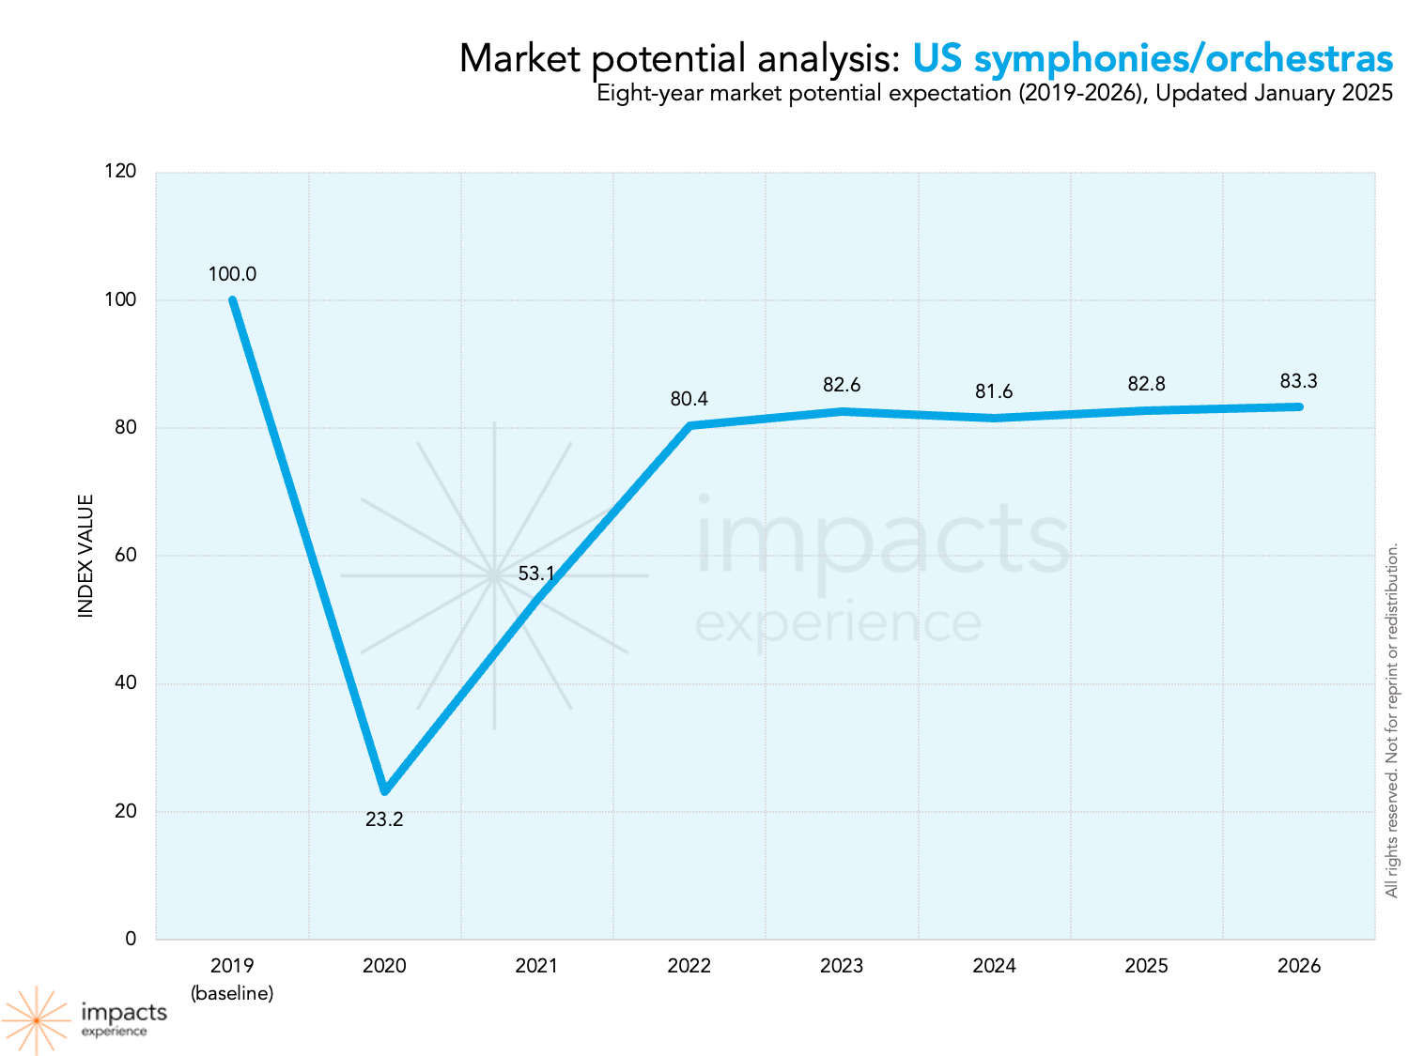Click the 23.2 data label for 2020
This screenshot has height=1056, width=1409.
tap(384, 819)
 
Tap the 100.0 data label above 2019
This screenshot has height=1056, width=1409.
tap(232, 274)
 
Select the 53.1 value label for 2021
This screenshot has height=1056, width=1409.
tap(536, 574)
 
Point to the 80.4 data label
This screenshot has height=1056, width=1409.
tap(689, 399)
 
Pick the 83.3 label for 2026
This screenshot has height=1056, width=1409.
tap(1298, 381)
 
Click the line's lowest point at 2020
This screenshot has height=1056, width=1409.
tap(384, 790)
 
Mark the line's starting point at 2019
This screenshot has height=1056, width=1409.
tap(232, 300)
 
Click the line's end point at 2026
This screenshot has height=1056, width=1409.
tap(1298, 406)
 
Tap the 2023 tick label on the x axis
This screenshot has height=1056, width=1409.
tap(841, 966)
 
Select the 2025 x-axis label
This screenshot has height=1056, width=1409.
tap(1146, 966)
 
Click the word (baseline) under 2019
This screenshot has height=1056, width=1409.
tap(232, 993)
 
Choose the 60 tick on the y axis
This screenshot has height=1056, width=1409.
tap(125, 555)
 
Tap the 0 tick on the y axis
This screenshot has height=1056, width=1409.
tap(131, 939)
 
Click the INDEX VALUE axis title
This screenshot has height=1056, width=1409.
tap(86, 556)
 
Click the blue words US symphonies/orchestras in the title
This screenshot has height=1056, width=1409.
tap(1153, 58)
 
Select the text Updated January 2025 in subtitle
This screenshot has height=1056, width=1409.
tap(1274, 93)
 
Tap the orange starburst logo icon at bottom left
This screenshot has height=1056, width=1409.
tap(36, 1020)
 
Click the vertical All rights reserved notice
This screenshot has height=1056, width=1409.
tap(1392, 720)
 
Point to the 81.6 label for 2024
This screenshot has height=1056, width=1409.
tap(994, 391)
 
